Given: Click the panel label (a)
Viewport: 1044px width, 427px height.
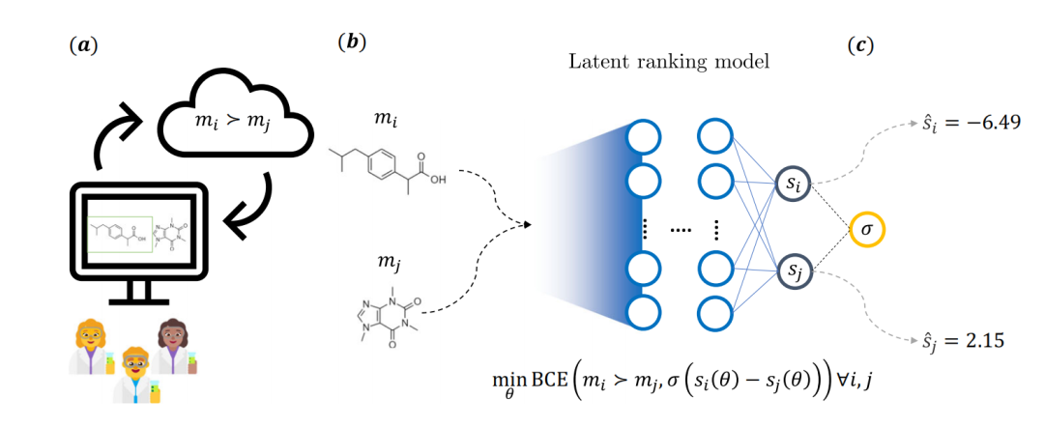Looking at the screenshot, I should pos(77,45).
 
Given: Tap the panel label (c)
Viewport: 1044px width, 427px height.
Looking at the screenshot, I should pos(860,45).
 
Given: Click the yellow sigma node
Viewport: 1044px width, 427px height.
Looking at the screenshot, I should pos(866,231).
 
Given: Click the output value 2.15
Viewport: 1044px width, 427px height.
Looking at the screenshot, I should pos(964,340).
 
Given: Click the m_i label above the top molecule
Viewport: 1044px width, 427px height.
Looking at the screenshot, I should pos(385,116).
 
